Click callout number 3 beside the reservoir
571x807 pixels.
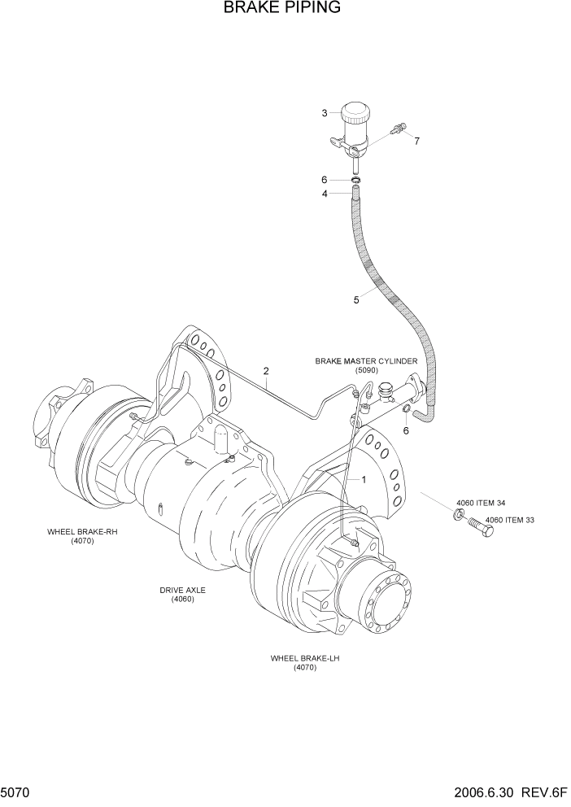[324, 113]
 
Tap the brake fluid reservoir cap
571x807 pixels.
[355, 111]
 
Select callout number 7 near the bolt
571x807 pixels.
[416, 141]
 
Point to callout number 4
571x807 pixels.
[324, 194]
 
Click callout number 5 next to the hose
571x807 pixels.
[355, 300]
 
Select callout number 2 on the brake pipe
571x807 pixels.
[266, 372]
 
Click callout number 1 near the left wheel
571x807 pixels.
[364, 480]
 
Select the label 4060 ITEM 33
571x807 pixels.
[512, 520]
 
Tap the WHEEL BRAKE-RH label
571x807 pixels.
[81, 531]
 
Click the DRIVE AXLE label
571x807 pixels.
[182, 590]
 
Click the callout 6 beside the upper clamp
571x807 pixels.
[324, 180]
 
